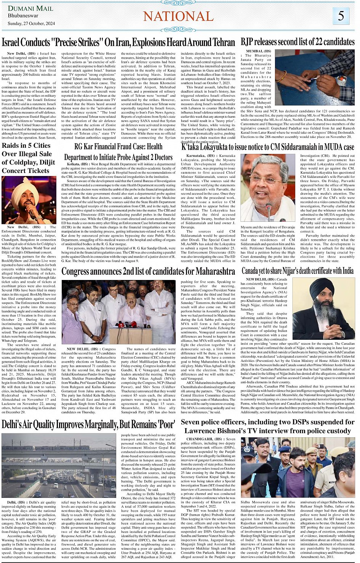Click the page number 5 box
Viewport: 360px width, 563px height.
coord(341,16)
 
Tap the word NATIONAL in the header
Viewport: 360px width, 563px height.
coord(178,16)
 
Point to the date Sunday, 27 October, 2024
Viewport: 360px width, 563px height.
coord(31,24)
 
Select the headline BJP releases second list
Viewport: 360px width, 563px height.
coord(298,42)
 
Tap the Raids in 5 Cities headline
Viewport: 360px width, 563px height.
coord(26,158)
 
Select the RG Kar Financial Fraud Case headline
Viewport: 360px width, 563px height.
coord(118,152)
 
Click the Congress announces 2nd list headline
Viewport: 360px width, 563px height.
coord(148,271)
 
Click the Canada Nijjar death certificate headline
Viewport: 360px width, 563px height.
coord(298,271)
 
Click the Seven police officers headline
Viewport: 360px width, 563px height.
coord(267,426)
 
